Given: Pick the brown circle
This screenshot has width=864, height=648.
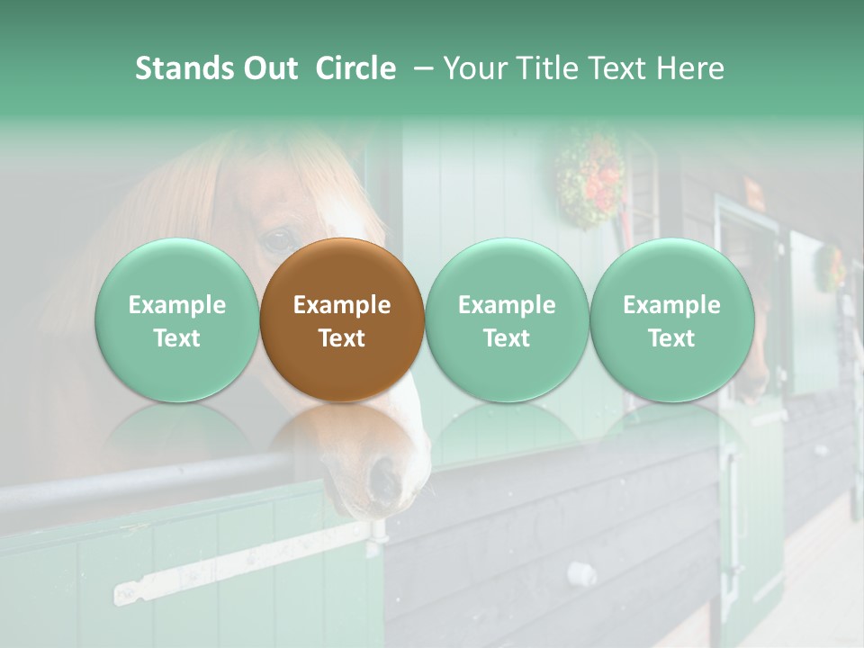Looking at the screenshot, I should coord(342,319).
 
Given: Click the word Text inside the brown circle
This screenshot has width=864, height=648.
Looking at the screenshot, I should coord(342,338).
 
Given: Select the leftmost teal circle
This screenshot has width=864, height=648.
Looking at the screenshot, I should coord(177,319).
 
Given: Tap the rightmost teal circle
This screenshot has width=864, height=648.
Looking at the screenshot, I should coord(671,319).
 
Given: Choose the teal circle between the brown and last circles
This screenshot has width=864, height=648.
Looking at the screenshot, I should coord(507,319).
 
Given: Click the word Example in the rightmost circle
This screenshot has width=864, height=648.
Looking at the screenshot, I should coord(671,305).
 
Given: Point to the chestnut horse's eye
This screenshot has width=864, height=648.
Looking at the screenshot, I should coord(277,239).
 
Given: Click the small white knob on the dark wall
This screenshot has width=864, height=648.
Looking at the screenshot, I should coord(581,573).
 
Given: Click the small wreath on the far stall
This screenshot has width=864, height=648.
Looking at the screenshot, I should coord(829,267).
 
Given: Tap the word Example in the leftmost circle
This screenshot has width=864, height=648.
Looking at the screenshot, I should coord(177,305).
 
